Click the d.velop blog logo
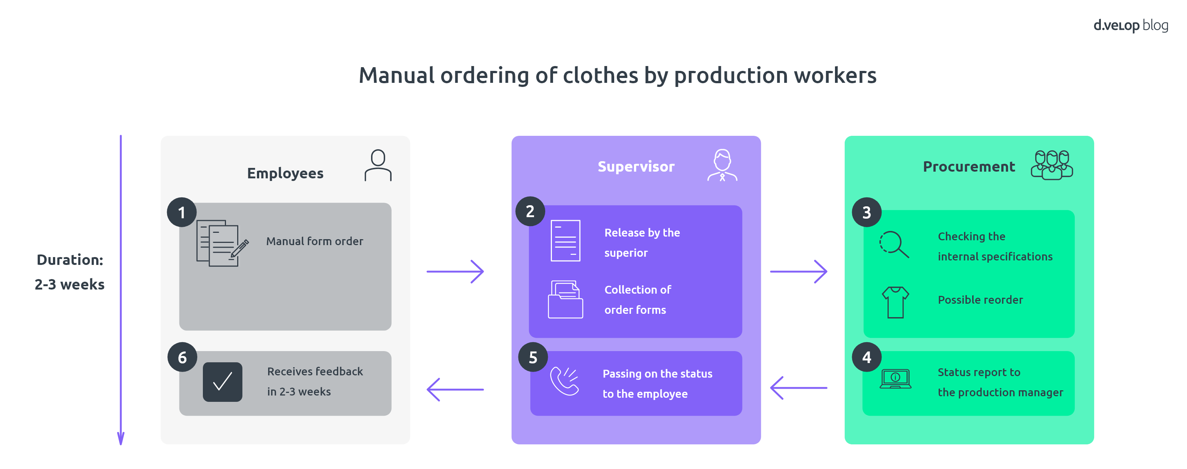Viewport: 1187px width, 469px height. tap(1130, 25)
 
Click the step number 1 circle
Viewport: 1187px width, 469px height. tap(182, 212)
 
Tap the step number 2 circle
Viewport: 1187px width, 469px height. tap(530, 211)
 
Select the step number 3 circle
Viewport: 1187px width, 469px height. tap(866, 212)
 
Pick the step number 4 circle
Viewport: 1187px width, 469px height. tap(866, 357)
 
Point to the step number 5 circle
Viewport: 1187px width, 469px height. tap(533, 357)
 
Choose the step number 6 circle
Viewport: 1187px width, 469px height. tap(182, 357)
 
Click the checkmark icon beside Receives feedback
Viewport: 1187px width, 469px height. tap(222, 382)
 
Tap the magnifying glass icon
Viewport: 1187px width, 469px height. tap(894, 244)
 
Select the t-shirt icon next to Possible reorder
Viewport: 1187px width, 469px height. tap(895, 302)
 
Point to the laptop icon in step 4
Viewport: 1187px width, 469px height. tap(895, 379)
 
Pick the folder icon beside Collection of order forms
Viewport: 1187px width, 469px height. tap(565, 299)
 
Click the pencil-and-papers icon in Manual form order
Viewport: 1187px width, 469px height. tap(222, 243)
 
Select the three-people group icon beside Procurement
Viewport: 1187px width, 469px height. tap(1052, 165)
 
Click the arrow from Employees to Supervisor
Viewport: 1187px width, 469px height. tap(455, 272)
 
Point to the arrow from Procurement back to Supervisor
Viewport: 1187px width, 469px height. tap(798, 388)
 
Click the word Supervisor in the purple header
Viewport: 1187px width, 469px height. tap(636, 166)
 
